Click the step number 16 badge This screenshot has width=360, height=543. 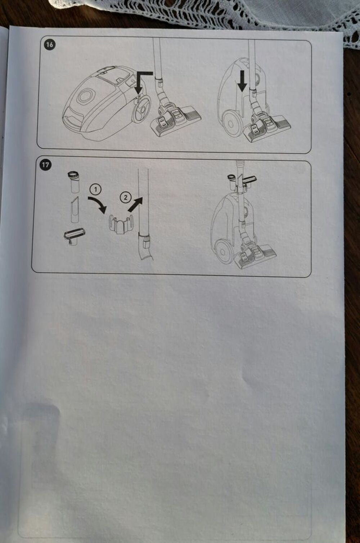49,45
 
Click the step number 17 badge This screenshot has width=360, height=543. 45,165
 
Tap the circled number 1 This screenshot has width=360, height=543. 95,189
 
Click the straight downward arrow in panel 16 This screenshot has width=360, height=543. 242,81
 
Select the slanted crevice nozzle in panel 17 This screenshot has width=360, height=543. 75,210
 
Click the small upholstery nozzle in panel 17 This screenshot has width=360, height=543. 74,237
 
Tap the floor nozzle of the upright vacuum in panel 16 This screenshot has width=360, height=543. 267,127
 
